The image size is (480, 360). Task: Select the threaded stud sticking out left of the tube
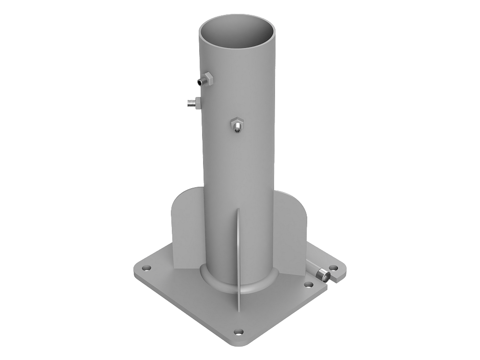pos(191,102)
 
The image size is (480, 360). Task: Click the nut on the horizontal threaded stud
pos(197,103)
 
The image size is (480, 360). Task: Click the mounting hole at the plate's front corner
pos(238,331)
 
